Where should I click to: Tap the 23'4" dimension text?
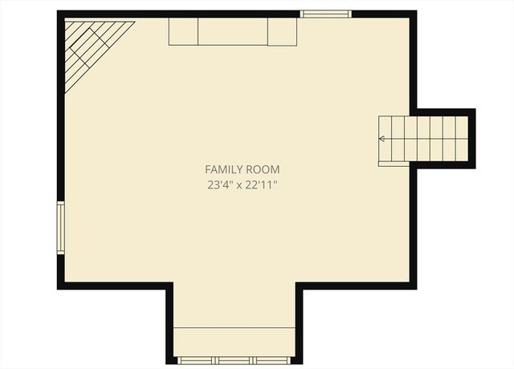[x=218, y=185]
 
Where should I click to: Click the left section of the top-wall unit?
[x=183, y=32]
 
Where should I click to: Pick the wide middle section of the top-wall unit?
[x=233, y=32]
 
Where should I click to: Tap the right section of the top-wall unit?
[x=282, y=32]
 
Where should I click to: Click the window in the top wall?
[x=325, y=14]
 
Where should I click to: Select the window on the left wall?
[x=60, y=228]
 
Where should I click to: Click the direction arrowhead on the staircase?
[x=382, y=139]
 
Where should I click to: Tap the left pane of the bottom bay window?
[x=198, y=360]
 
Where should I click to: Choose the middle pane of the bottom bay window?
[x=235, y=360]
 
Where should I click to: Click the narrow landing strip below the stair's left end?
[x=394, y=164]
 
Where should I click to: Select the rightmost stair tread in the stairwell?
[x=461, y=138]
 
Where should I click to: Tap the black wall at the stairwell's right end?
[x=472, y=138]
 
